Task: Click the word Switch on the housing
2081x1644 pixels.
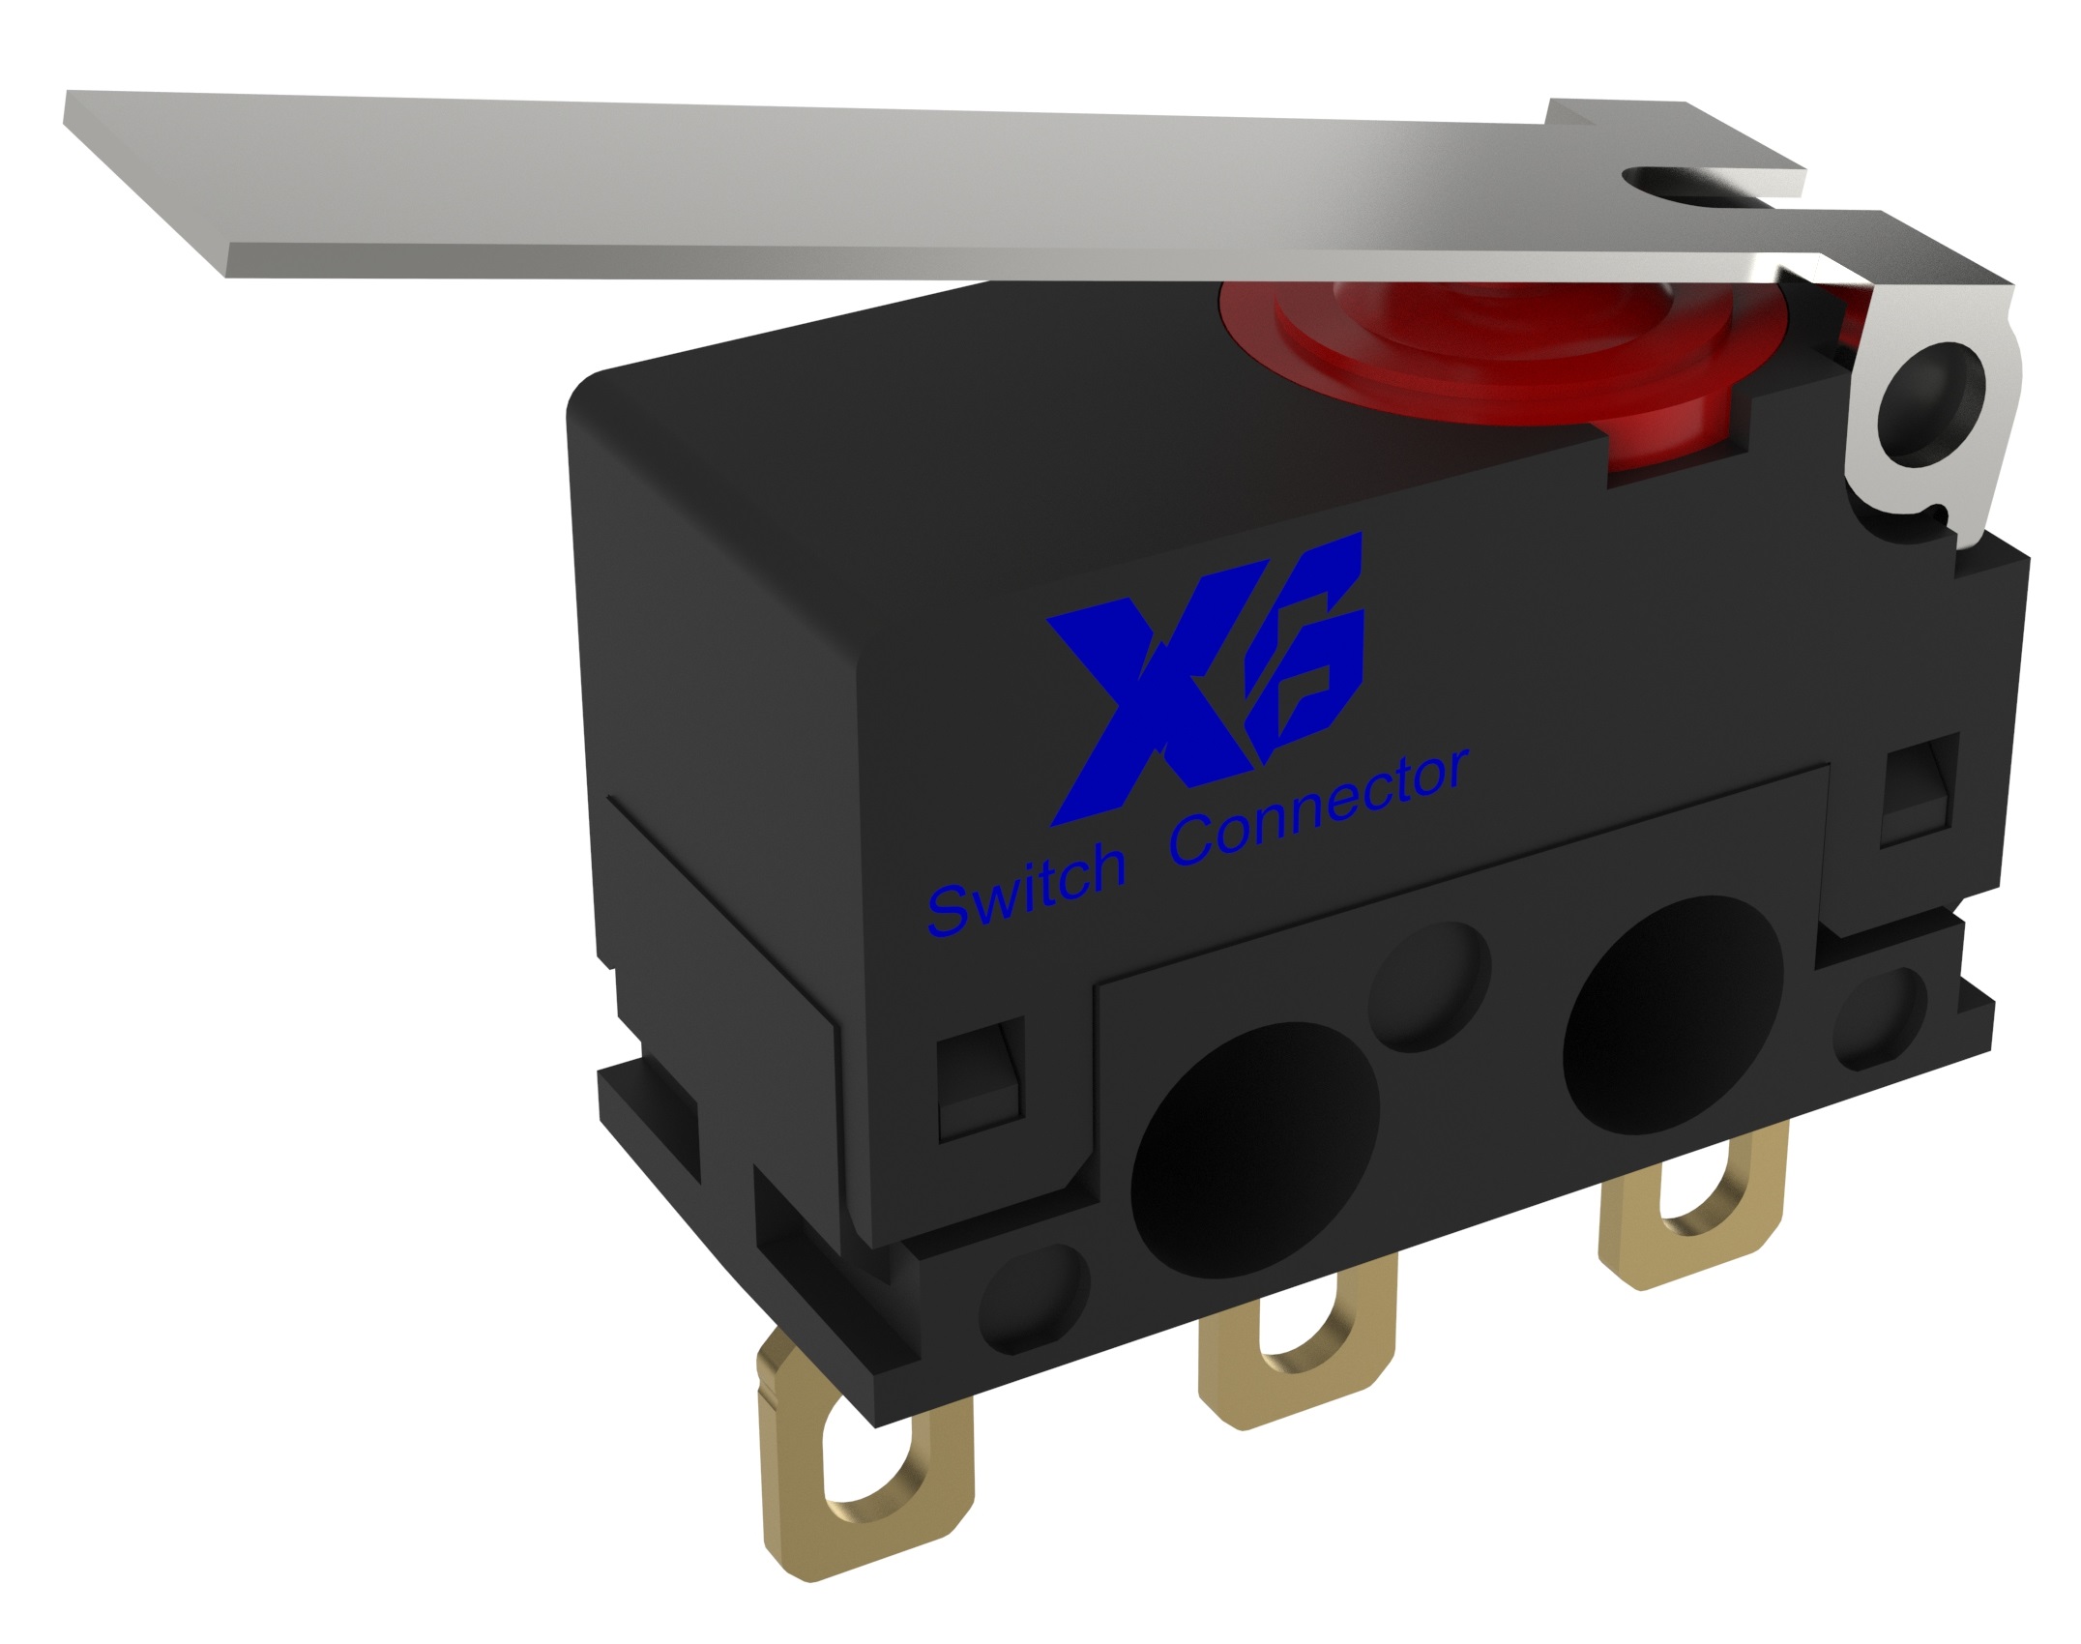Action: tap(1027, 890)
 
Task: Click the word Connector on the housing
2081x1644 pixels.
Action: tap(1320, 807)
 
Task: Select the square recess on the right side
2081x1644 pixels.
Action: tap(1920, 793)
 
